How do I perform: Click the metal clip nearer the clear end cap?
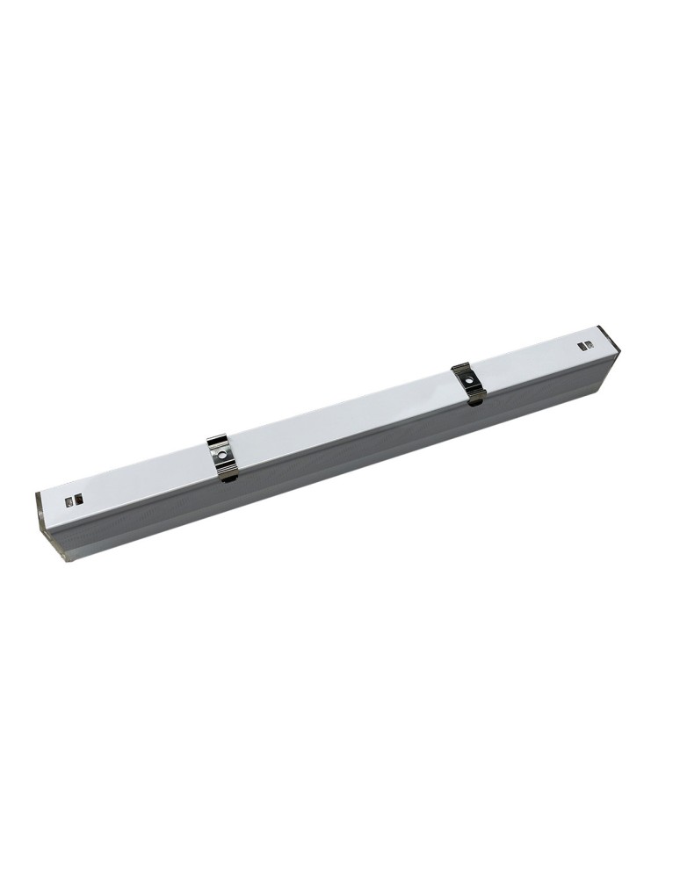coord(223,457)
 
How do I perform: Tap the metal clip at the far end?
coord(469,383)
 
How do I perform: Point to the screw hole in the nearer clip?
coord(224,454)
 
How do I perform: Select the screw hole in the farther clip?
coord(470,381)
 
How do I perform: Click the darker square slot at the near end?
coord(69,501)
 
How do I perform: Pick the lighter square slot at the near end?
coord(79,499)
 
